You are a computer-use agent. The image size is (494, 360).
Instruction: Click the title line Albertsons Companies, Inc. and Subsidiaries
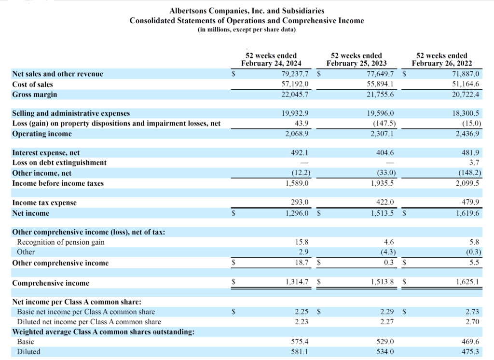pyautogui.click(x=247, y=10)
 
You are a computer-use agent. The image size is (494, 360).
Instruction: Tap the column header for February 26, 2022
pyautogui.click(x=441, y=60)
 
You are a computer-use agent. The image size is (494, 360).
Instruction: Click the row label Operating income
pyautogui.click(x=42, y=134)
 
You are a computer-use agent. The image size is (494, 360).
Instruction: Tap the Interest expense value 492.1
pyautogui.click(x=300, y=153)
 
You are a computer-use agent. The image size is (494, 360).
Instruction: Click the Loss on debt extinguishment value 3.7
pyautogui.click(x=475, y=163)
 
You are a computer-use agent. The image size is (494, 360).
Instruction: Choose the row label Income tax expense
pyautogui.click(x=44, y=203)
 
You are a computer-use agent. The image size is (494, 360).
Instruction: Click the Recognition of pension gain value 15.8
pyautogui.click(x=302, y=242)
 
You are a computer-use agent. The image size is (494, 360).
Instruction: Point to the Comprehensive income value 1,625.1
pyautogui.click(x=467, y=283)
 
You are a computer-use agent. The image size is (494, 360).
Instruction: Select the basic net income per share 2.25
pyautogui.click(x=302, y=312)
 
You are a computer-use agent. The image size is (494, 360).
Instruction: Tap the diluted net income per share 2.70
pyautogui.click(x=473, y=322)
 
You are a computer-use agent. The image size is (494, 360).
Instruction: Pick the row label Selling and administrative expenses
pyautogui.click(x=71, y=113)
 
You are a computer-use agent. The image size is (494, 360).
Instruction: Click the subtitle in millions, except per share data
pyautogui.click(x=247, y=30)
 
